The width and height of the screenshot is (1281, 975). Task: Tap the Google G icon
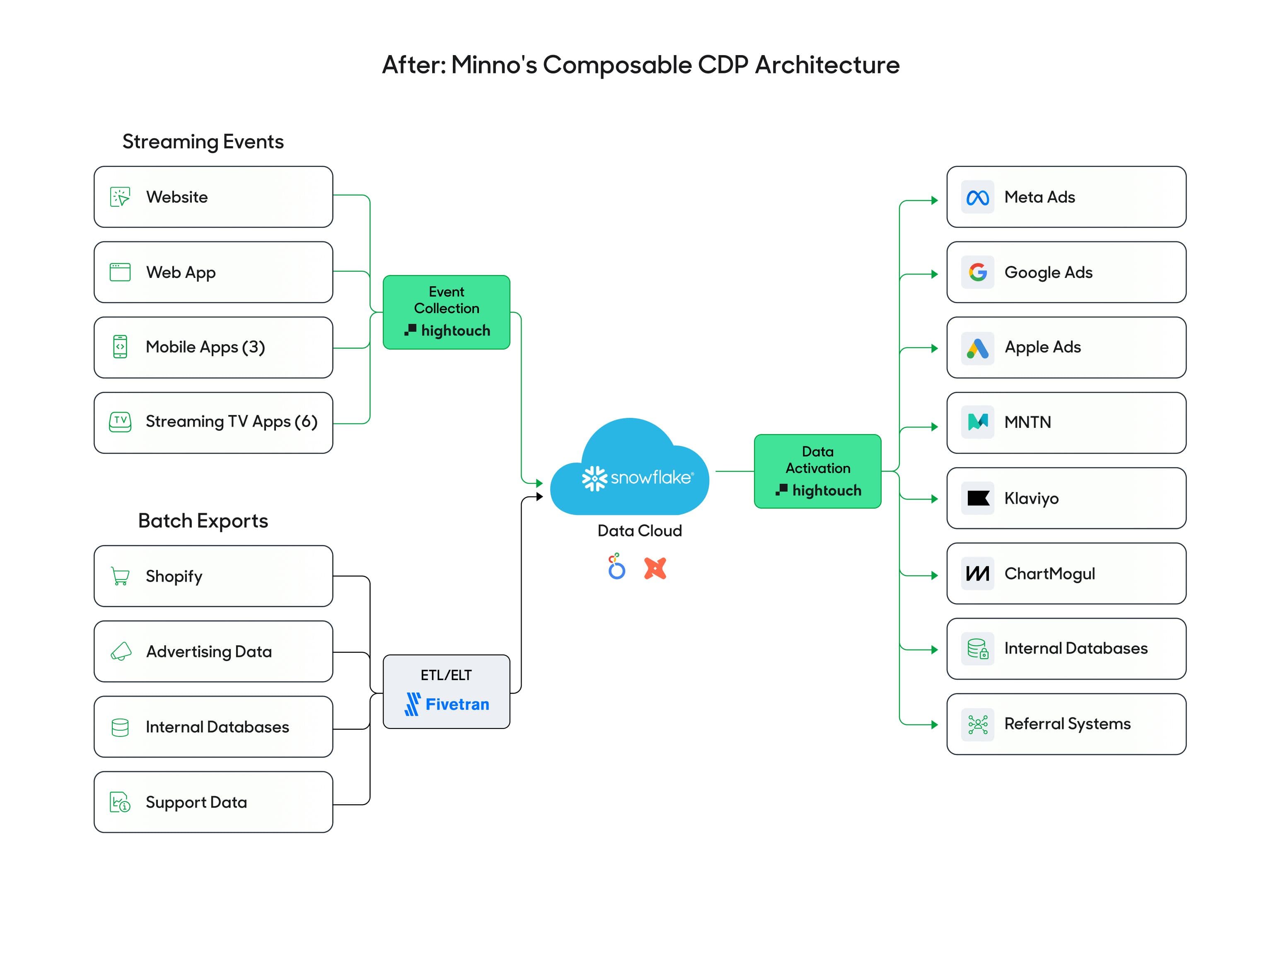(x=977, y=272)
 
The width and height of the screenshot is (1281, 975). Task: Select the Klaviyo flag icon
(x=977, y=498)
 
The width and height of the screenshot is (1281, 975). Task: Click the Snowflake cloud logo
(x=630, y=470)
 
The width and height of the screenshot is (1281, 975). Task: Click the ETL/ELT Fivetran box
(x=446, y=691)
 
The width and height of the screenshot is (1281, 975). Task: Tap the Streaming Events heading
(x=203, y=142)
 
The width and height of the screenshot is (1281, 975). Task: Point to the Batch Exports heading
(x=203, y=521)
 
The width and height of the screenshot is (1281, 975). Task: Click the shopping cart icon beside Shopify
(x=120, y=576)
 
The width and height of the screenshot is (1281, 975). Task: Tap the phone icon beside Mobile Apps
(x=120, y=347)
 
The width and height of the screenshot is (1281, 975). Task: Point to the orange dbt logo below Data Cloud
(x=655, y=568)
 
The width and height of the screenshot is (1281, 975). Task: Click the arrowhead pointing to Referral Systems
(x=934, y=724)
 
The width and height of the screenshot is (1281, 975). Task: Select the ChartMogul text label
(x=1049, y=573)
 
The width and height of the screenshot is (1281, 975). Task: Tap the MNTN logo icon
(x=977, y=422)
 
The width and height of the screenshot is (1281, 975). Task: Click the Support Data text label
(x=196, y=802)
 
